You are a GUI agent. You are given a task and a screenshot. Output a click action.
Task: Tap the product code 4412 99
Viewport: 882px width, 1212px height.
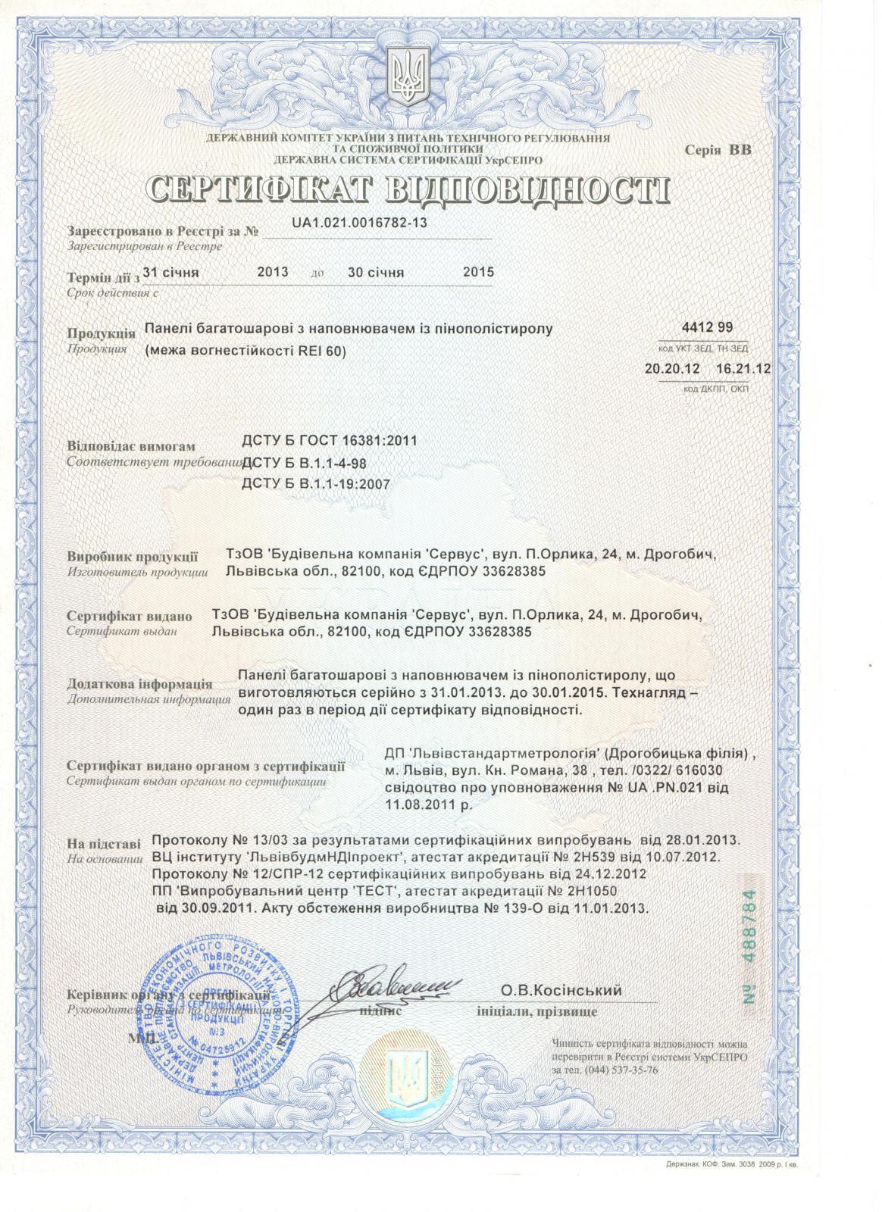tap(703, 328)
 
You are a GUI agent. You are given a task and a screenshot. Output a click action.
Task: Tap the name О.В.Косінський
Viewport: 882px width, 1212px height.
tap(561, 990)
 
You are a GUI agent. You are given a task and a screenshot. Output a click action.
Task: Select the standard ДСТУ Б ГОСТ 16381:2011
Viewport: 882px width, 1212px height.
tap(327, 441)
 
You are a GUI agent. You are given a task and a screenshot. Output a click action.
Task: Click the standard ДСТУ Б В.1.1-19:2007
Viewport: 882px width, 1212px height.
tap(314, 484)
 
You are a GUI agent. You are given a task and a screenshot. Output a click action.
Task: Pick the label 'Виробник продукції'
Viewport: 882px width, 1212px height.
tap(133, 557)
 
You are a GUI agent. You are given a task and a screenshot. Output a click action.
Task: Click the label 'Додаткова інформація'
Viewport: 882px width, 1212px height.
tap(139, 684)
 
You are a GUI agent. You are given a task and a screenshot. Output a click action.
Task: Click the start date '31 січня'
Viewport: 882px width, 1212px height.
tap(170, 272)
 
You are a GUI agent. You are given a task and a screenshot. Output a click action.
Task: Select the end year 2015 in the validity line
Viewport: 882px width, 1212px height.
tap(478, 272)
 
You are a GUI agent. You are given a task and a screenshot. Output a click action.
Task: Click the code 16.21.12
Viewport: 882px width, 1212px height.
tap(743, 369)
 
